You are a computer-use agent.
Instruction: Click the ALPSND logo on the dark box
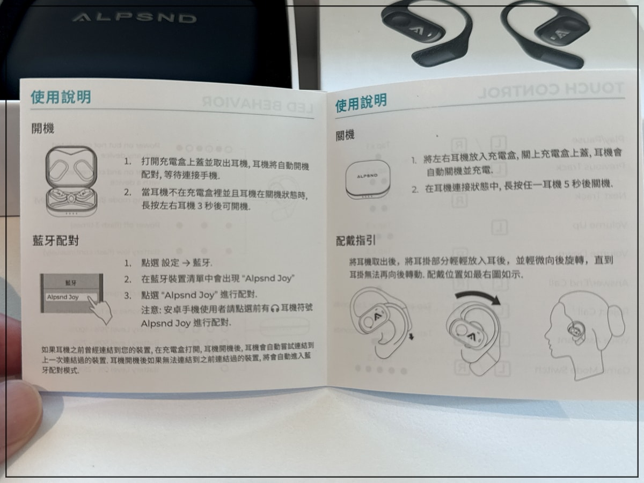(134, 18)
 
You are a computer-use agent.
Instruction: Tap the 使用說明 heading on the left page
(61, 97)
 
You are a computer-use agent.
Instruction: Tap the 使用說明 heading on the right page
(361, 103)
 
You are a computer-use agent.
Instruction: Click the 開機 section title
(43, 129)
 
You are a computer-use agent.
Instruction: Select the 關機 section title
(345, 135)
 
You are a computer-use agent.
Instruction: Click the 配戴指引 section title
(355, 241)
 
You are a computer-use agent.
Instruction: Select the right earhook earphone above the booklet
(547, 35)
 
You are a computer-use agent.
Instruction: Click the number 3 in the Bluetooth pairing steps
(127, 295)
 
